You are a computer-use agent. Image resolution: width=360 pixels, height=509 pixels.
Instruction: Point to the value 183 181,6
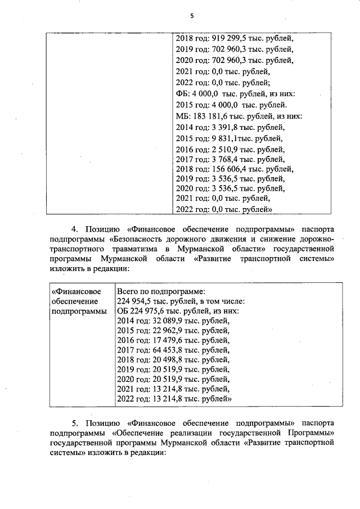coord(211,116)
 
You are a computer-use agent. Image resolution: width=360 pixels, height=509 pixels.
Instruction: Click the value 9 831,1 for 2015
coord(222,138)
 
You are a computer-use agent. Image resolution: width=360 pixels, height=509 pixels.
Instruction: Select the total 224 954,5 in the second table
coord(137,301)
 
